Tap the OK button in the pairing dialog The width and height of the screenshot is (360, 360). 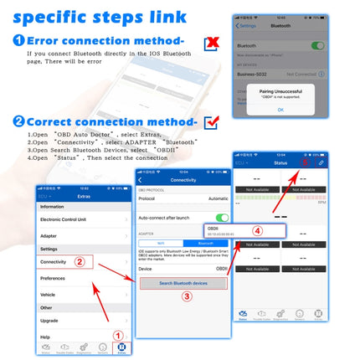tap(280, 110)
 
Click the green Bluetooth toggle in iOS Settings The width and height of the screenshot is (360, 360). tap(317, 46)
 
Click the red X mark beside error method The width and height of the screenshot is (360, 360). tap(213, 41)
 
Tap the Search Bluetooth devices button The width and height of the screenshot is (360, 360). tap(182, 284)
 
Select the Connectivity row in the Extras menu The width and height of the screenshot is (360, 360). tap(54, 262)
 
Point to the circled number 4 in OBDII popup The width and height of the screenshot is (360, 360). tap(258, 230)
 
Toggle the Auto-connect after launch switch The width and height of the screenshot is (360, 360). tap(221, 218)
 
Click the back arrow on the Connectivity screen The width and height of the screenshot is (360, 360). tap(141, 180)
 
